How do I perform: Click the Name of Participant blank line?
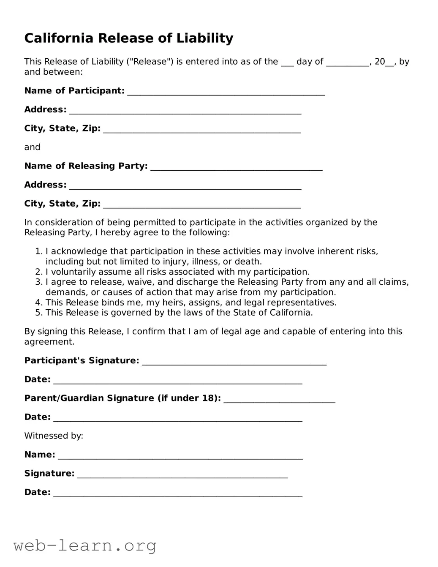coord(226,92)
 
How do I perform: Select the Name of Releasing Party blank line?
coord(236,167)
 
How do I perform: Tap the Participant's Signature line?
coord(234,361)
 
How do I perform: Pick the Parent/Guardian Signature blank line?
coord(279,399)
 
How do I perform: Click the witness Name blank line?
coord(180,455)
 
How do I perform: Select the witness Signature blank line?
coord(182,474)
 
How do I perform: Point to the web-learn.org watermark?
coord(85,546)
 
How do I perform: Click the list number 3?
coord(38,282)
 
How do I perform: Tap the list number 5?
coord(38,313)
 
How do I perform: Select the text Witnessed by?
coord(54,436)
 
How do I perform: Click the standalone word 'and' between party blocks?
coord(32,147)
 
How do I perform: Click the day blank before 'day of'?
coord(287,63)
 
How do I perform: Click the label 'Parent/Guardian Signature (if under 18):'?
coord(122,398)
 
